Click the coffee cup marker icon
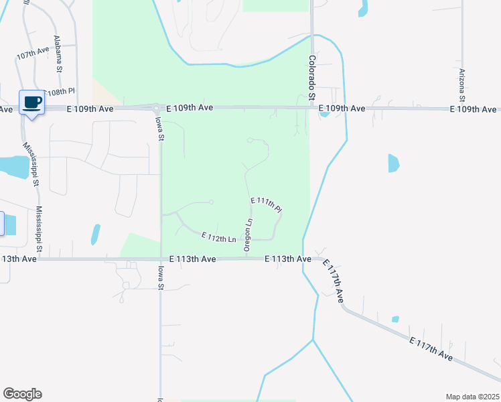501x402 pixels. click(x=31, y=103)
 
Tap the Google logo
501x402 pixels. click(x=22, y=394)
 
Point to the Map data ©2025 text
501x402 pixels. click(x=472, y=397)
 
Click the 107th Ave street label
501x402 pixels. click(x=33, y=52)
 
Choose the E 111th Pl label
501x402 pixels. click(x=266, y=205)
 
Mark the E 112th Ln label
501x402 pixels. click(x=219, y=237)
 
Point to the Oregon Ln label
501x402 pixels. click(x=248, y=234)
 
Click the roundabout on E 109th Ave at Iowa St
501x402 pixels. click(x=156, y=108)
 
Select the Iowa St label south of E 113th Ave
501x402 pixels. click(x=160, y=277)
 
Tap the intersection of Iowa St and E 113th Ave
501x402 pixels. click(x=161, y=259)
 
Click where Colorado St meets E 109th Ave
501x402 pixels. click(x=312, y=107)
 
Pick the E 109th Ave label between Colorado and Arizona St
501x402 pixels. click(x=342, y=108)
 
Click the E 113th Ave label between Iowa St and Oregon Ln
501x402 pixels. click(x=192, y=259)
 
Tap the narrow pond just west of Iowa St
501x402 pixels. click(x=95, y=234)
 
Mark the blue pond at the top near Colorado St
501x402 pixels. click(x=363, y=8)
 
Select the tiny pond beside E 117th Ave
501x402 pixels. click(x=395, y=319)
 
